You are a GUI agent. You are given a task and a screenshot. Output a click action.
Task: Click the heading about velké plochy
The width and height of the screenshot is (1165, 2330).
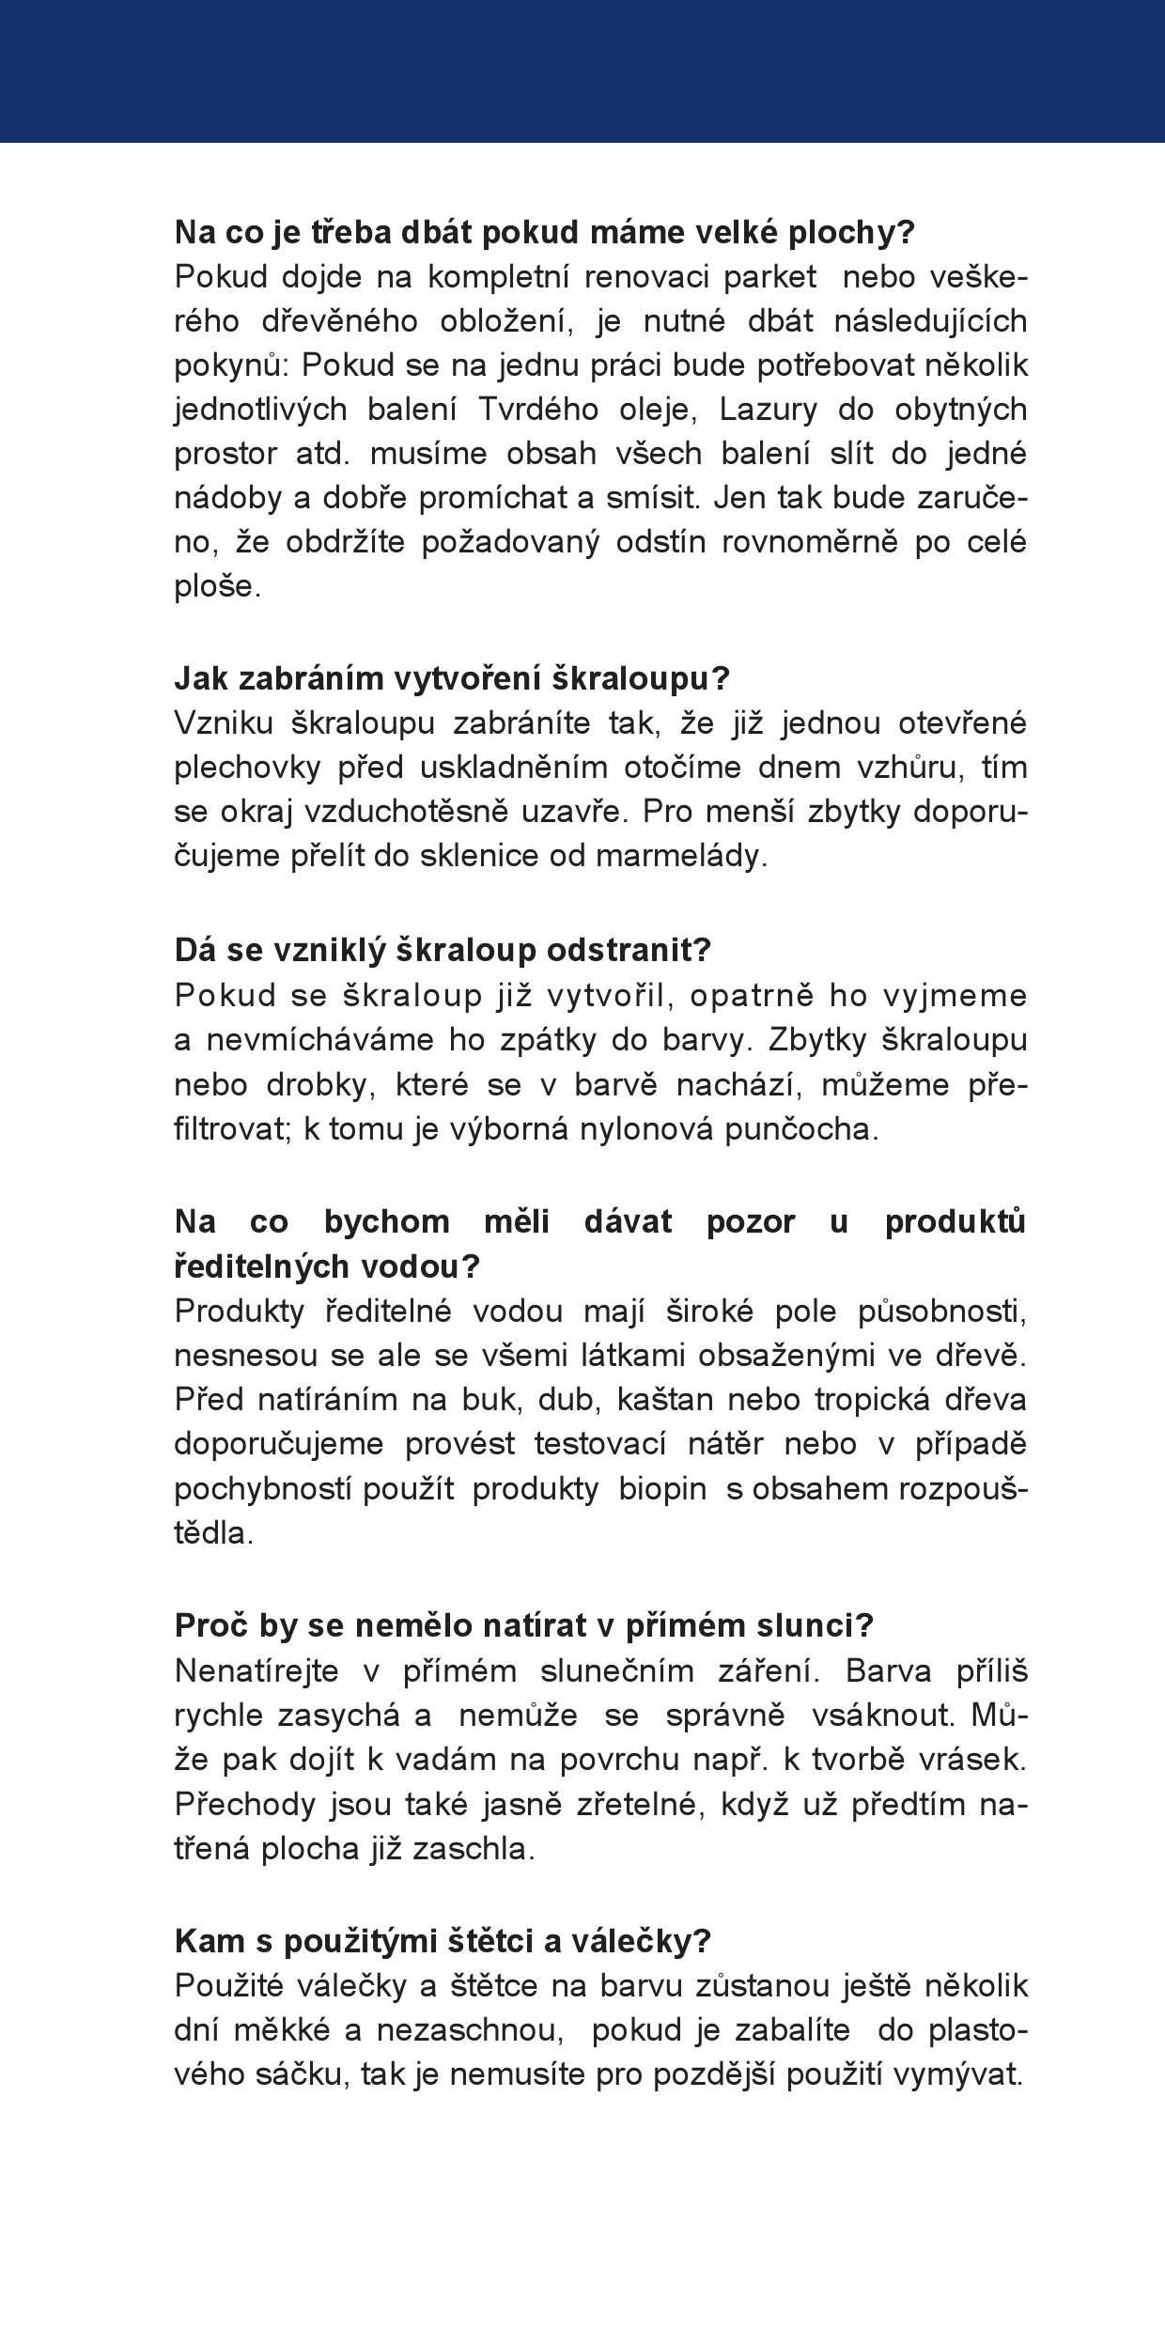[544, 233]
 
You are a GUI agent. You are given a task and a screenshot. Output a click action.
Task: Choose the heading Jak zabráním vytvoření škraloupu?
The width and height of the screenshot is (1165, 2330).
[452, 677]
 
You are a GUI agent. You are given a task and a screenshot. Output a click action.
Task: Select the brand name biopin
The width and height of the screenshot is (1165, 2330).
[662, 1488]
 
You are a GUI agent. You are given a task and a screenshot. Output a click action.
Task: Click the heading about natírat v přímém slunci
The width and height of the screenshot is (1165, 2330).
[524, 1624]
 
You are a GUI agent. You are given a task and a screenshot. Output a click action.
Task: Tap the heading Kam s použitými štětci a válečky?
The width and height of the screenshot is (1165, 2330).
[443, 1940]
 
